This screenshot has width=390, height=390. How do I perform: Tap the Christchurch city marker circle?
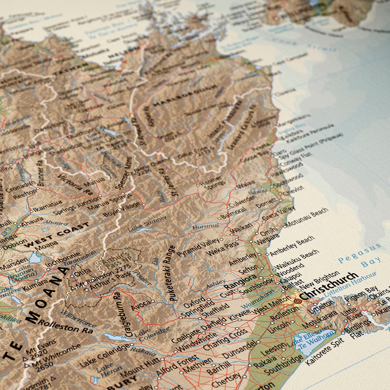(298, 301)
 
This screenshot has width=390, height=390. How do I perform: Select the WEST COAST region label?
(57, 235)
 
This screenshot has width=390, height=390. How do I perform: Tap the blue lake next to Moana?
(35, 258)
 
